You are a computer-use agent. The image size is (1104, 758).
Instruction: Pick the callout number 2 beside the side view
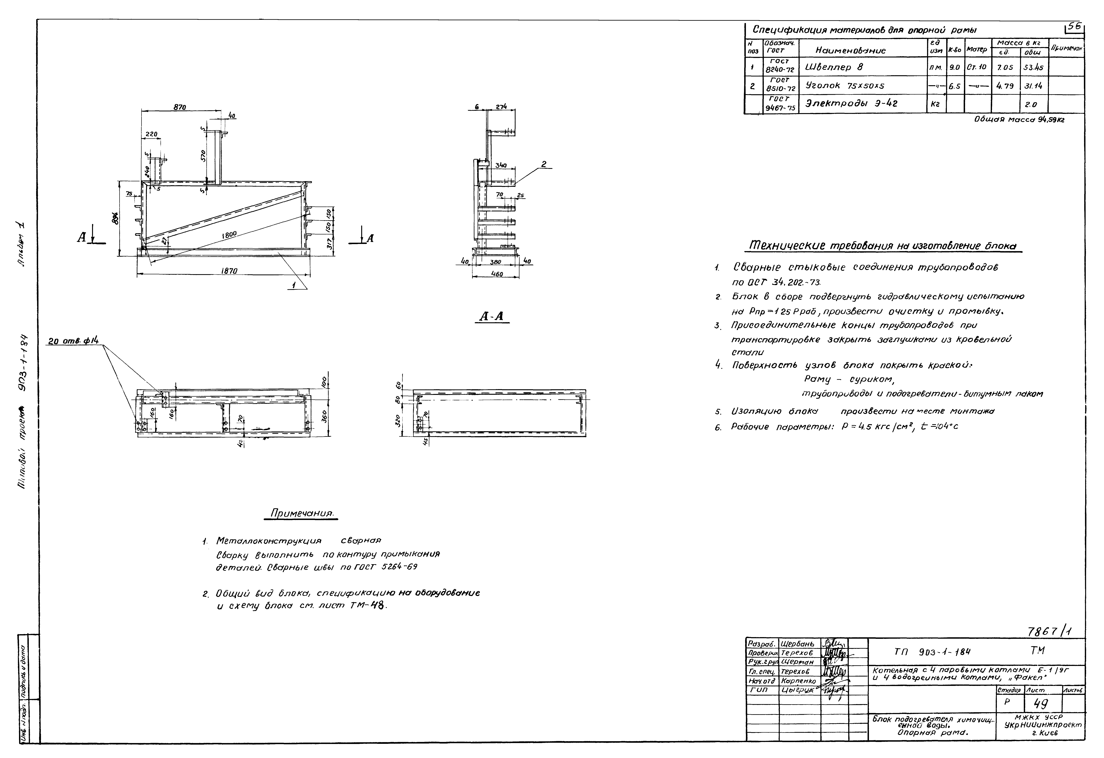[543, 164]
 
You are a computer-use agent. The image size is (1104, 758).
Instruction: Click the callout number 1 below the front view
[295, 286]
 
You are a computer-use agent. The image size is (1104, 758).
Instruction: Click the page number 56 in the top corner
[1074, 28]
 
